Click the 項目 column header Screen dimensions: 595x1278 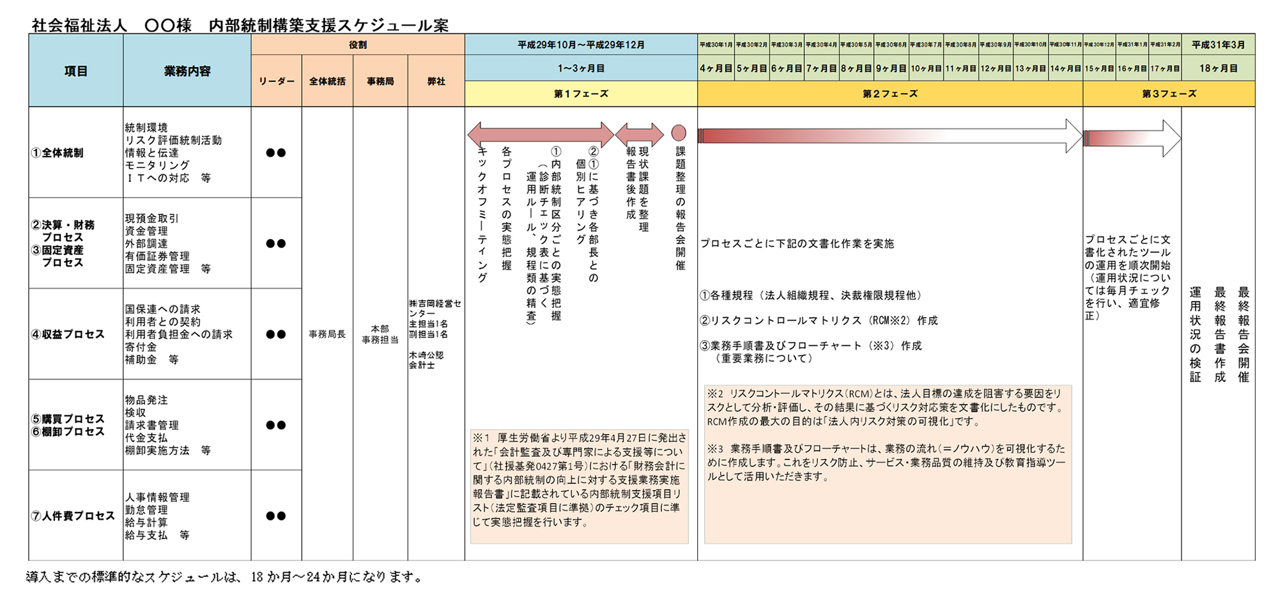(75, 71)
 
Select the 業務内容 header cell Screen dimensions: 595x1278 (187, 71)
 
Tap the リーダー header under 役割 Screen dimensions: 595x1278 (276, 81)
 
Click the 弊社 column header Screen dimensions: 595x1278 (436, 81)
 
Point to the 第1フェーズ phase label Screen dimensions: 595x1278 (581, 94)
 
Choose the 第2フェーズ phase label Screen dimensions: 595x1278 (889, 94)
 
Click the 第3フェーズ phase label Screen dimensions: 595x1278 (1169, 94)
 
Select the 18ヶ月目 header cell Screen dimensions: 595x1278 (1218, 68)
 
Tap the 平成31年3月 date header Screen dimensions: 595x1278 (1218, 45)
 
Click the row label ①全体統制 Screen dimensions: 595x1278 (58, 153)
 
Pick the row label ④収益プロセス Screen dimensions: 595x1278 (68, 334)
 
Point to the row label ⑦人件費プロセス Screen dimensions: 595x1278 (73, 516)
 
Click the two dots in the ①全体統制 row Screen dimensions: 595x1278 (276, 153)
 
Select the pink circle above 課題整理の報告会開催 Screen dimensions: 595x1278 (679, 133)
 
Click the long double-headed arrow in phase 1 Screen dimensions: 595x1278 (541, 134)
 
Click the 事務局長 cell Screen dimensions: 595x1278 (327, 334)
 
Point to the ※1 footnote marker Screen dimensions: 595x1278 (481, 438)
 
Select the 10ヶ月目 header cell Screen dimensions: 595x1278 (926, 68)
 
